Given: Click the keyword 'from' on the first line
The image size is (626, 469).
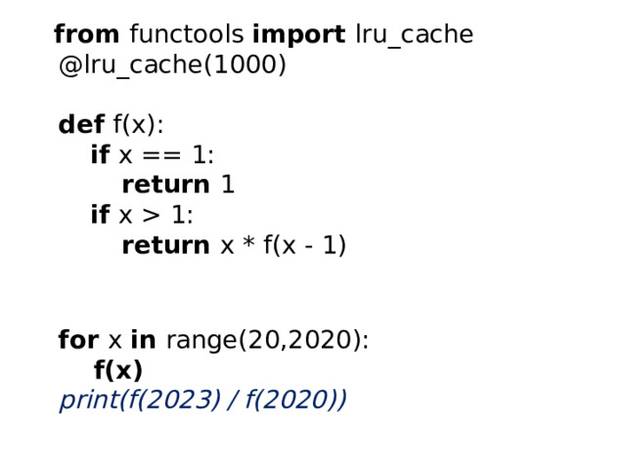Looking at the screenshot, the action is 87,34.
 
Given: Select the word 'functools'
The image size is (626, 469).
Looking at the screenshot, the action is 187,34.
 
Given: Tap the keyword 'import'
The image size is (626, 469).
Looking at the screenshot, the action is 299,35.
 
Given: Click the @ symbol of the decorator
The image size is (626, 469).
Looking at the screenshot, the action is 70,65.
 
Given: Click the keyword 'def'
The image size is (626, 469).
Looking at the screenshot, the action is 81,124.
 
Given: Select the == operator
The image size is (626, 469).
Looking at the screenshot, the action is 161,155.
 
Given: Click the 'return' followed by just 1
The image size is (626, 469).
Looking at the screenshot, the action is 165,185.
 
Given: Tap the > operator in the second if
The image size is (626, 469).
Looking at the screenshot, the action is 152,215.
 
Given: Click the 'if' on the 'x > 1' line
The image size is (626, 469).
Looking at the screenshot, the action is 100,214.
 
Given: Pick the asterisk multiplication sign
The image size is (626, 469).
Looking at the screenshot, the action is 248,241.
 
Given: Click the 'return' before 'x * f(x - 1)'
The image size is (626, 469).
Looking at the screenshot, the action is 165,245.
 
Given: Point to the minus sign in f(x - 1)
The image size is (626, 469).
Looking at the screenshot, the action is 308,247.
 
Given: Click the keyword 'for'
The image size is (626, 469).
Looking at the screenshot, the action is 78,339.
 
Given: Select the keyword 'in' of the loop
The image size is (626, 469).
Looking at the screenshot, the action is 144,339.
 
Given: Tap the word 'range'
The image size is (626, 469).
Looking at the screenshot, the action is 201,341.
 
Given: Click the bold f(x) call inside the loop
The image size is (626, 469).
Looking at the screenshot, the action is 118,369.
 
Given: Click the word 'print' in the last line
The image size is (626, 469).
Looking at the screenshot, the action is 89,401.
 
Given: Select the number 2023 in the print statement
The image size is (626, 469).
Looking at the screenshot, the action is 178,400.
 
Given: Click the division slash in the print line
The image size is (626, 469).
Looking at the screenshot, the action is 232,400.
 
